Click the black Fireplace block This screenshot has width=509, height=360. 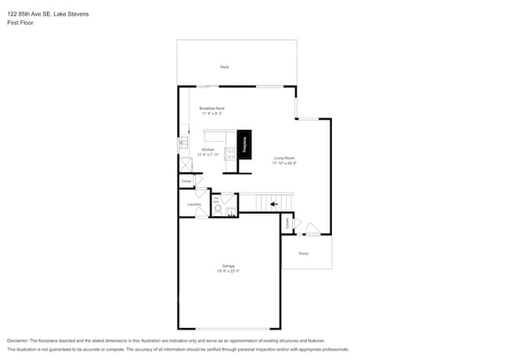[x=244, y=145]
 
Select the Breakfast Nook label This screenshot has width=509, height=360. [x=211, y=108]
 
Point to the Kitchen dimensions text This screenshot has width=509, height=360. [x=208, y=155]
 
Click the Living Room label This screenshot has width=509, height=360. [x=283, y=157]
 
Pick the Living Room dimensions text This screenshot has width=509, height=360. [x=283, y=163]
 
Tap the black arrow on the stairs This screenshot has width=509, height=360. [x=273, y=204]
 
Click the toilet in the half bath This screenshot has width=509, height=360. [x=218, y=210]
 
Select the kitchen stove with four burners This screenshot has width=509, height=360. [x=231, y=154]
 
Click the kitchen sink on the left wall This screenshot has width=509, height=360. [x=183, y=143]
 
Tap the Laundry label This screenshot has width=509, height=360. [x=194, y=205]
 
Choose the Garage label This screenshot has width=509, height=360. [x=228, y=266]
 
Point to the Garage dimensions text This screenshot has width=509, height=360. [x=228, y=272]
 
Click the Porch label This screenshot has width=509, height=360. [x=304, y=254]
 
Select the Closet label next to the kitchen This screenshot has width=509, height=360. [x=186, y=181]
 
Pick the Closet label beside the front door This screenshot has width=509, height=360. [x=287, y=223]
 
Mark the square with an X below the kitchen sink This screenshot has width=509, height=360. [x=186, y=164]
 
